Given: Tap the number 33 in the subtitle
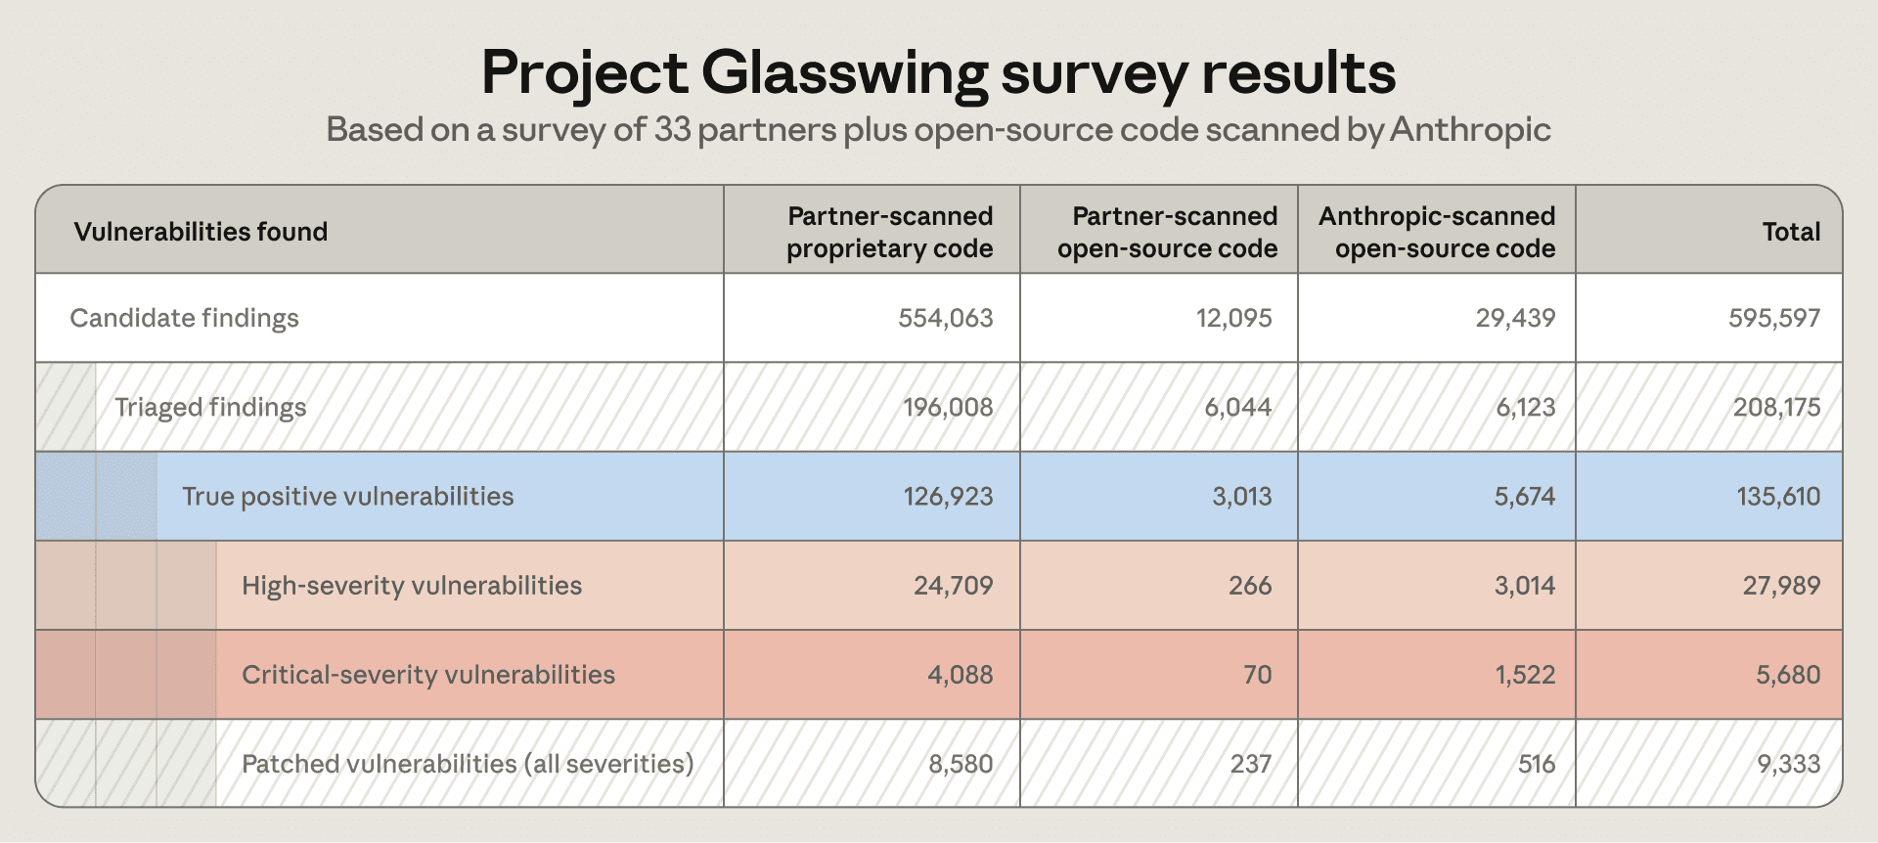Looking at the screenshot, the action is pyautogui.click(x=672, y=129).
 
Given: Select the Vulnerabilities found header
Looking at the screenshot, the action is pyautogui.click(x=201, y=232).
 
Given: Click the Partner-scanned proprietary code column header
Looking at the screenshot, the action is pyautogui.click(x=890, y=232).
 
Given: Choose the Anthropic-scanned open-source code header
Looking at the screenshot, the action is pyautogui.click(x=1437, y=232).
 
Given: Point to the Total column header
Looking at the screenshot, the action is pyautogui.click(x=1791, y=232).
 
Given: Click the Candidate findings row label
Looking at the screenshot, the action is pyautogui.click(x=184, y=318).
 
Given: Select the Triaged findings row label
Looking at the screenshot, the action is pyautogui.click(x=210, y=407).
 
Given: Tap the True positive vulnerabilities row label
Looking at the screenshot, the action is pyautogui.click(x=347, y=496).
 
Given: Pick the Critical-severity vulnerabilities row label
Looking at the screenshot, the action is pyautogui.click(x=428, y=675).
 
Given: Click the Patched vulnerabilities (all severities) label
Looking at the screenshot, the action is pyautogui.click(x=468, y=764).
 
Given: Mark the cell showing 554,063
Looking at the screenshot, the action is pyautogui.click(x=946, y=318).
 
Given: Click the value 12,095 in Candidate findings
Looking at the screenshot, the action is pyautogui.click(x=1234, y=318).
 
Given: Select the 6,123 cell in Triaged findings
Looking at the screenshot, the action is pyautogui.click(x=1526, y=407).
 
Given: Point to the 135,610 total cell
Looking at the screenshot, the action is pyautogui.click(x=1778, y=496).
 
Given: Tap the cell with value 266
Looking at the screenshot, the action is pyautogui.click(x=1250, y=586).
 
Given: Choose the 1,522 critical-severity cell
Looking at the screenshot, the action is pyautogui.click(x=1525, y=675).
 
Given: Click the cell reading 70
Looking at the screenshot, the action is pyautogui.click(x=1258, y=675).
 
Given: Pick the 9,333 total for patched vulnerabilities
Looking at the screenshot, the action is pyautogui.click(x=1789, y=764).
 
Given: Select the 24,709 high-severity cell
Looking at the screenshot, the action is pyautogui.click(x=954, y=586).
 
